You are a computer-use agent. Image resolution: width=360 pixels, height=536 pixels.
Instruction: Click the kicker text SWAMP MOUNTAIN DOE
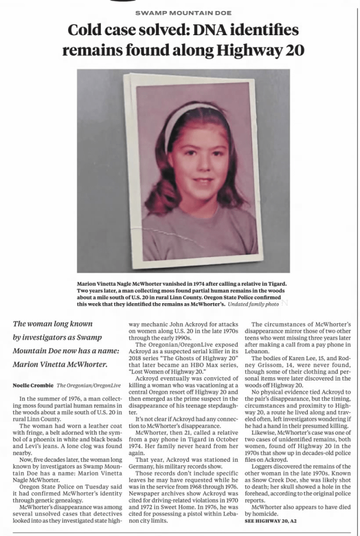(x=183, y=12)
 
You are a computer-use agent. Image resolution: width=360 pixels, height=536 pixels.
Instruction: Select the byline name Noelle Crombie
(x=33, y=386)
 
